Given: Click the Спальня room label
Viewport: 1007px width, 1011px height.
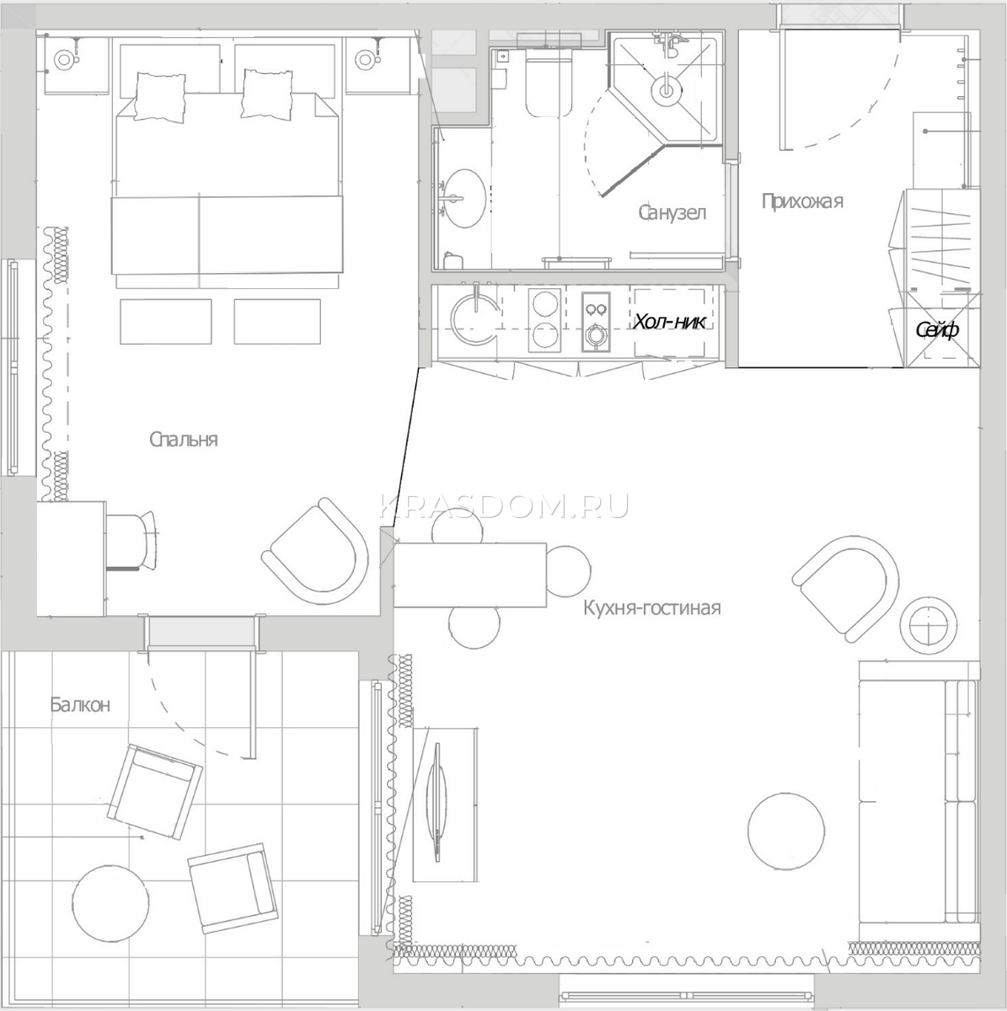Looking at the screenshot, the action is pyautogui.click(x=183, y=440).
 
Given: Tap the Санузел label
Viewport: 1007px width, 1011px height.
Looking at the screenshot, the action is pyautogui.click(x=672, y=212).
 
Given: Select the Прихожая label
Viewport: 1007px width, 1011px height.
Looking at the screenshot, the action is pyautogui.click(x=802, y=201).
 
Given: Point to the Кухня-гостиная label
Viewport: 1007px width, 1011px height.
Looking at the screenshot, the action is pyautogui.click(x=651, y=608).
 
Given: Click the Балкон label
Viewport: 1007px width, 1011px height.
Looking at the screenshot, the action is pyautogui.click(x=80, y=704).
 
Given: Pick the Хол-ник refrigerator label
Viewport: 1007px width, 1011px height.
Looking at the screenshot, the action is pyautogui.click(x=668, y=322).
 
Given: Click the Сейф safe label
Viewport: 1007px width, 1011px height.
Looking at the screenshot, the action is pyautogui.click(x=938, y=330).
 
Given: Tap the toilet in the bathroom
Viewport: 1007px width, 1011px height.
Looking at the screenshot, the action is pyautogui.click(x=549, y=86).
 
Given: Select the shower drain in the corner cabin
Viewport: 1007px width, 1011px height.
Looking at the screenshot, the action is pyautogui.click(x=666, y=90).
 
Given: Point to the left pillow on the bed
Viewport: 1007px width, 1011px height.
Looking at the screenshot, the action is pyautogui.click(x=160, y=97).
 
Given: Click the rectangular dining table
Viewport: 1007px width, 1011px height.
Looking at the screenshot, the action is pyautogui.click(x=470, y=575).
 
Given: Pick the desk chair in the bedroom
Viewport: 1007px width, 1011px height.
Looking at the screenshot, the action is pyautogui.click(x=131, y=540).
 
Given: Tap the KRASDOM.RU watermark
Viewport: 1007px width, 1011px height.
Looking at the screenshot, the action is pyautogui.click(x=504, y=507).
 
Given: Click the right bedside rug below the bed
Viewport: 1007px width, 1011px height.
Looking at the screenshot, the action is pyautogui.click(x=277, y=322).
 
